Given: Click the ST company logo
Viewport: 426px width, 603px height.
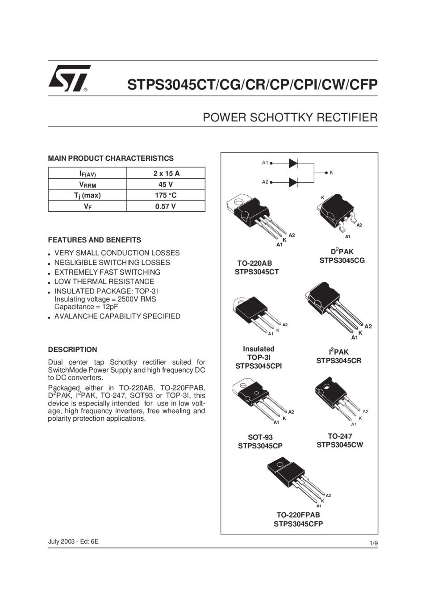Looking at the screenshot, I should click(x=69, y=78).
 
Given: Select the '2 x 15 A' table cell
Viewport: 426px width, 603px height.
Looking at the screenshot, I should click(x=166, y=173).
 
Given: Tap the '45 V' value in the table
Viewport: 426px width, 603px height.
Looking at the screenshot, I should click(x=166, y=184).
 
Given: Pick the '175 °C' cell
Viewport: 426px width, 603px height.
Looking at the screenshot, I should click(x=166, y=195).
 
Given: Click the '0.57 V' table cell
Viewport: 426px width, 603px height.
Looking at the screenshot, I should click(x=166, y=206).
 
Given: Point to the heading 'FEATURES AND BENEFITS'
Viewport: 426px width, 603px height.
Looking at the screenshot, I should click(x=94, y=240).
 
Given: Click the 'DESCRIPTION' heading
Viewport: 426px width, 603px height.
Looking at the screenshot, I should click(x=72, y=350).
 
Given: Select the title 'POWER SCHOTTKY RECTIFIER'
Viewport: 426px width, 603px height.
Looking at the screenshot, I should click(x=290, y=118).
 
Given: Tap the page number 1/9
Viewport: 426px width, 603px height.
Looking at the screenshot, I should click(x=373, y=543).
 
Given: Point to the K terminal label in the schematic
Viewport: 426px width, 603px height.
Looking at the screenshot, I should click(x=331, y=172).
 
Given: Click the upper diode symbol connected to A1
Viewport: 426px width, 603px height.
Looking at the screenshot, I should click(x=293, y=163).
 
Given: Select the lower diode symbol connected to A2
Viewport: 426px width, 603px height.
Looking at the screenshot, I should click(x=293, y=182).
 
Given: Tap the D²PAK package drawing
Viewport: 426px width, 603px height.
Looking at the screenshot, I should click(x=336, y=213).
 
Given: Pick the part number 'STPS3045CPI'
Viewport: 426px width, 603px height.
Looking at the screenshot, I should click(x=259, y=366).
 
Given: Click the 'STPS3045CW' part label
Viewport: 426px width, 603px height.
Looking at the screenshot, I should click(x=340, y=445).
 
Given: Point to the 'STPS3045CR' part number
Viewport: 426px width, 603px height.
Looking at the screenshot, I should click(x=339, y=361).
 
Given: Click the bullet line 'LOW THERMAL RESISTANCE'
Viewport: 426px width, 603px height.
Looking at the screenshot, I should click(x=104, y=282).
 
